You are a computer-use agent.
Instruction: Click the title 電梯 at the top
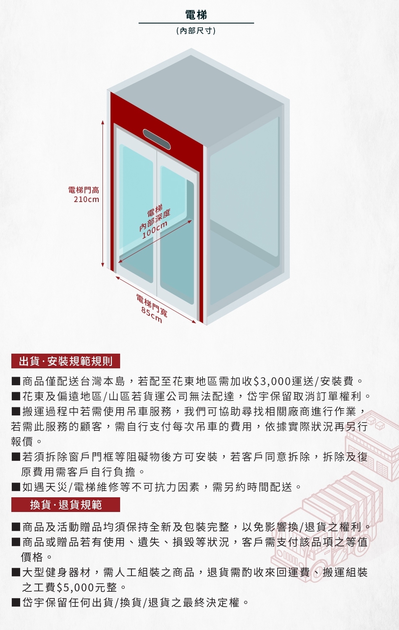click(x=196, y=15)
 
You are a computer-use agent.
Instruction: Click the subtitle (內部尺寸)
click(x=196, y=31)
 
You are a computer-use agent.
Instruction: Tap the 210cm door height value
click(x=87, y=199)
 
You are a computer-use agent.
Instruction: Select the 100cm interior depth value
click(x=155, y=230)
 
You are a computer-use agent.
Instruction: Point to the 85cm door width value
click(x=152, y=315)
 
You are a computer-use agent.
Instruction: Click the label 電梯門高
click(x=84, y=190)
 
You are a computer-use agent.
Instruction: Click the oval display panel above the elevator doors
click(x=157, y=139)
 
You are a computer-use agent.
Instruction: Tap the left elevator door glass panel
click(x=136, y=210)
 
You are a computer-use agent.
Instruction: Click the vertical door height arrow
click(x=102, y=193)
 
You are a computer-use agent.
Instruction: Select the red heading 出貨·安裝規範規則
click(x=66, y=361)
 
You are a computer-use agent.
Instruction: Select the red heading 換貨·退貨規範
click(x=66, y=504)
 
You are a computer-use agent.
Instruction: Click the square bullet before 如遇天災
click(x=16, y=487)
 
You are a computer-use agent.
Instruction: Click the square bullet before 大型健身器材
click(x=16, y=572)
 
